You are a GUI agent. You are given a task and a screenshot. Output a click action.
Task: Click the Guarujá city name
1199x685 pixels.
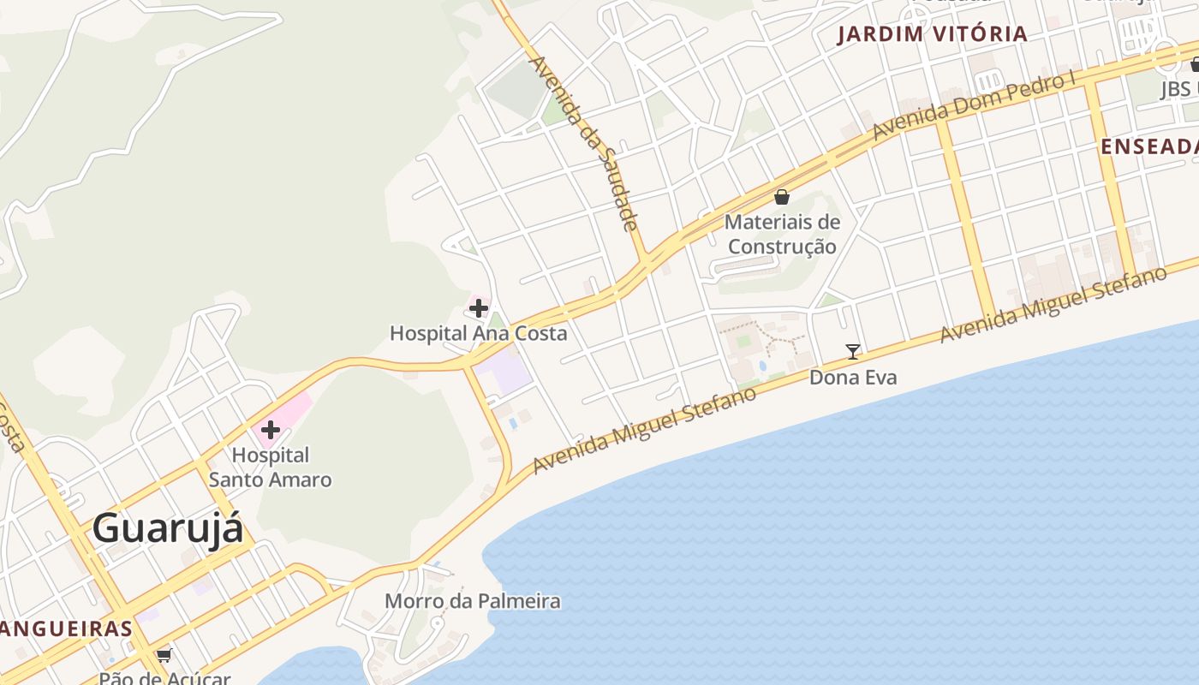click(167, 527)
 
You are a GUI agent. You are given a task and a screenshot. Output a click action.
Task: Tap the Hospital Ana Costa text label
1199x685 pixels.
click(478, 333)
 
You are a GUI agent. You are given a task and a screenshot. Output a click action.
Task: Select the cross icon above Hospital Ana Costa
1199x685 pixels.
click(479, 308)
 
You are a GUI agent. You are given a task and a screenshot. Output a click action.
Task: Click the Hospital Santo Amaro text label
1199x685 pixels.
click(270, 468)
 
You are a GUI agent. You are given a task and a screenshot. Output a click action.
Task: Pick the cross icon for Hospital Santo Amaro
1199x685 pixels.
click(271, 429)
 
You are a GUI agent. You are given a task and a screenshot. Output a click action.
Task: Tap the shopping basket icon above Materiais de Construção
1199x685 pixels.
click(781, 197)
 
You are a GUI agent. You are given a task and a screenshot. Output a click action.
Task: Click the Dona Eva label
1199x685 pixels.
click(853, 377)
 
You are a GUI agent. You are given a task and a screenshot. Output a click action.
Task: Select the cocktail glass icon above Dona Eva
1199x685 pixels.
click(852, 351)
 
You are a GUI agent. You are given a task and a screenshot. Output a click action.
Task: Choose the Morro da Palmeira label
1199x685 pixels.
click(472, 601)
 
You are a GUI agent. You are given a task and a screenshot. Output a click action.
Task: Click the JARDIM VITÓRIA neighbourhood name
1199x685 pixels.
click(932, 34)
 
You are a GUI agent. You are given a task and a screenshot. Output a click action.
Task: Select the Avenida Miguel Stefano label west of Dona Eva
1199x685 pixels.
click(644, 430)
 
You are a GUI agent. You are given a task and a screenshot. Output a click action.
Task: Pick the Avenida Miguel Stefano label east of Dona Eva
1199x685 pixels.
click(1053, 305)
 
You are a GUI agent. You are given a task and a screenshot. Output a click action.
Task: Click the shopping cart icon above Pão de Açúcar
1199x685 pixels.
click(164, 656)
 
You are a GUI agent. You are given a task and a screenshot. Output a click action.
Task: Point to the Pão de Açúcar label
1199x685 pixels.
click(164, 678)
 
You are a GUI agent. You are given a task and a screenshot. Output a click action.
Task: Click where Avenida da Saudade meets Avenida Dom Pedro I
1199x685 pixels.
click(645, 259)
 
